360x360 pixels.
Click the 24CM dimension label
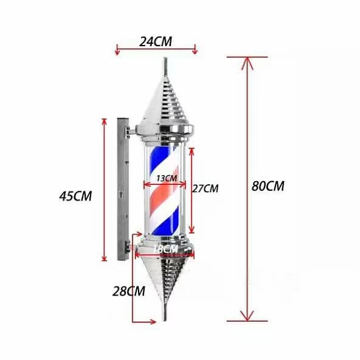(x=156, y=41)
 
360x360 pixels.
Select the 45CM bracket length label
(x=75, y=196)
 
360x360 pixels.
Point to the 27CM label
(x=205, y=189)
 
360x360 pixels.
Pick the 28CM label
(x=128, y=291)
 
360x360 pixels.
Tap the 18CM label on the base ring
(x=165, y=249)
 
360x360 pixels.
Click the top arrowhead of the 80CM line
(x=247, y=61)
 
